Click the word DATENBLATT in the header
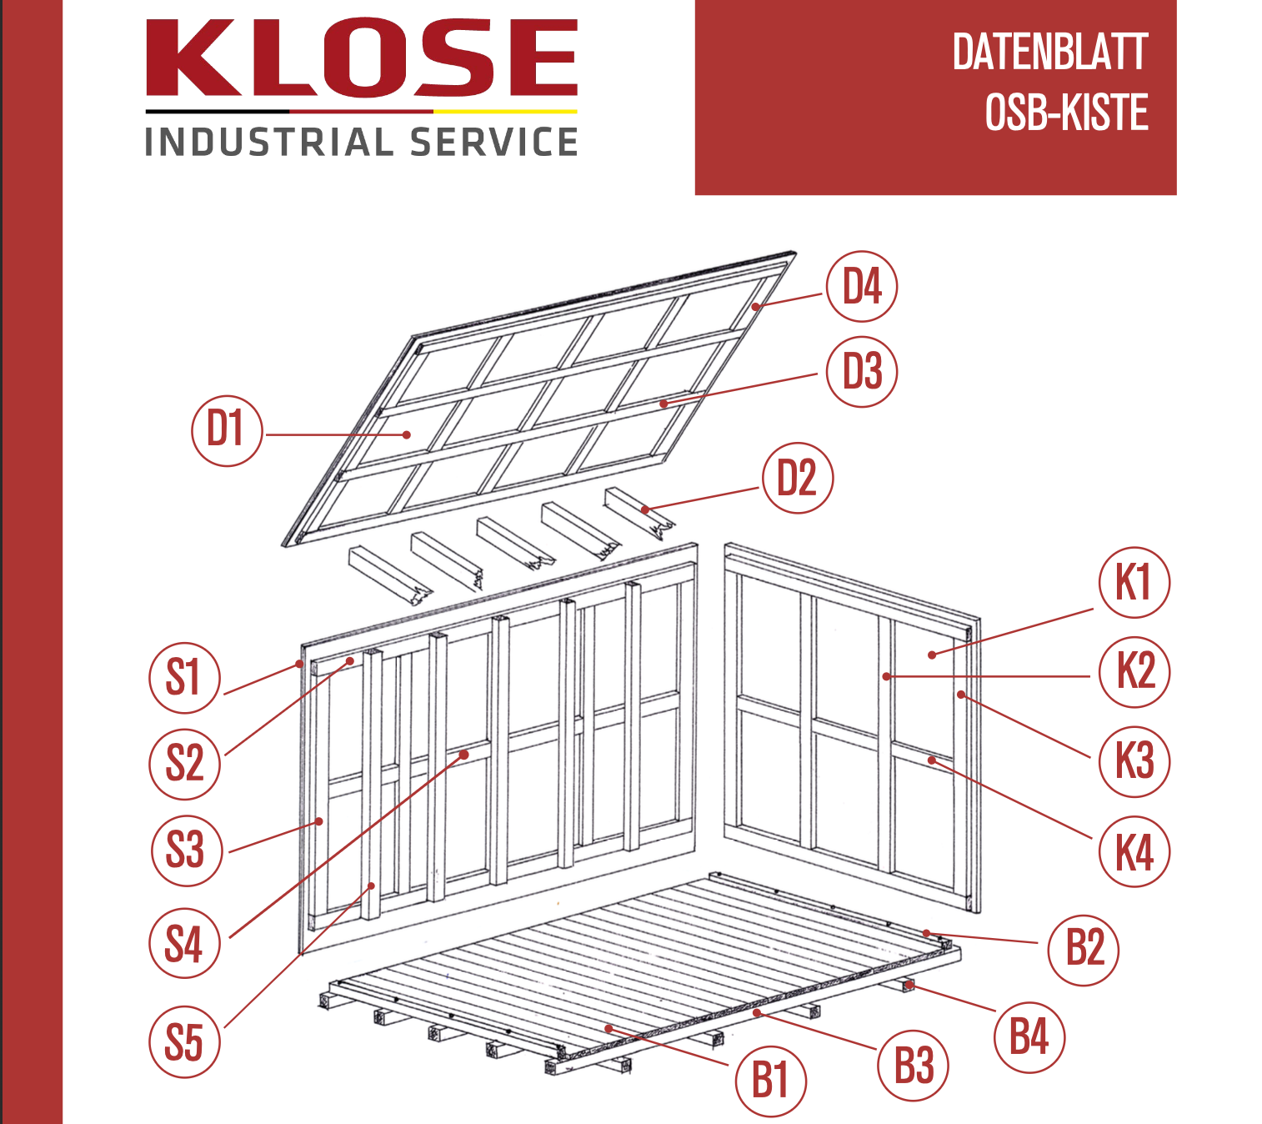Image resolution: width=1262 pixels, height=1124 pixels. pos(1050,53)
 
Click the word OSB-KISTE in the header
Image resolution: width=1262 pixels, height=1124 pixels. pos(1066,113)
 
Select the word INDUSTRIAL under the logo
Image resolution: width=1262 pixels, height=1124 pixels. pos(269,142)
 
